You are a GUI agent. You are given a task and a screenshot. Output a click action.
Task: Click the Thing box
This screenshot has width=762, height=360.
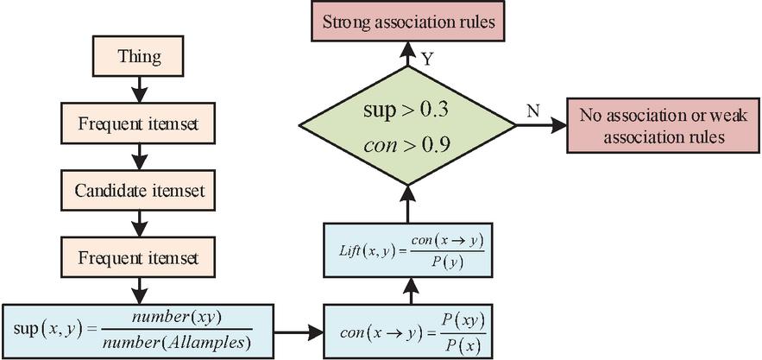tap(140, 57)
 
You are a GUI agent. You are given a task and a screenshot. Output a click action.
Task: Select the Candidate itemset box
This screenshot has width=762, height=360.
tap(140, 189)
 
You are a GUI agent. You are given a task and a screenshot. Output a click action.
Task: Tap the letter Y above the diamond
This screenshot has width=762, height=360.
tap(426, 57)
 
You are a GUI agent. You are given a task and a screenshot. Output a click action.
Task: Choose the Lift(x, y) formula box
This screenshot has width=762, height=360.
tap(408, 250)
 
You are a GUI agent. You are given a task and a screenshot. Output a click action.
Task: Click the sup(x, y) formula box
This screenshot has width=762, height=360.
tap(140, 329)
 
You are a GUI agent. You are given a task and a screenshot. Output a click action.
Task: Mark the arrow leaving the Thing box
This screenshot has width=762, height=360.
tap(140, 90)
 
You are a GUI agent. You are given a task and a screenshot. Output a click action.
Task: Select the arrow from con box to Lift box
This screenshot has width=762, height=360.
tap(408, 290)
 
